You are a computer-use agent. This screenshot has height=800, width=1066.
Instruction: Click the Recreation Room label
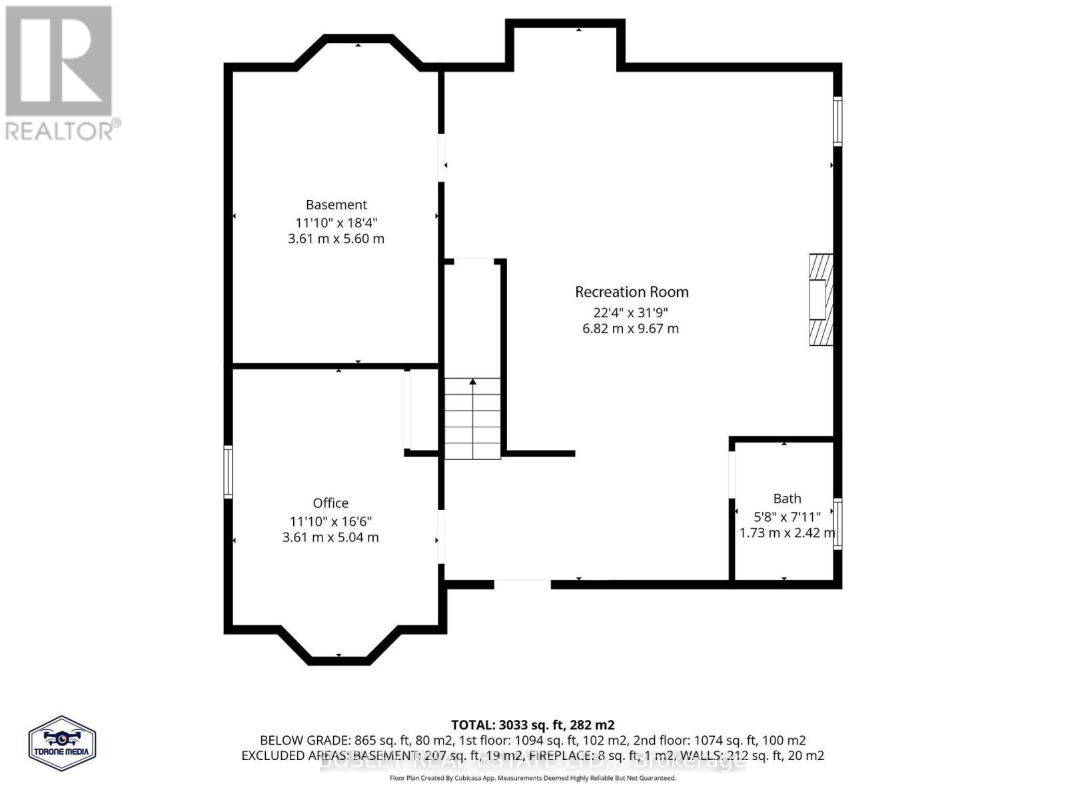point(632,292)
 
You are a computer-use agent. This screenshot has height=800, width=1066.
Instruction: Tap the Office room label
point(330,503)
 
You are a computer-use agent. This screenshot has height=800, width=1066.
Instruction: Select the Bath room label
point(787,499)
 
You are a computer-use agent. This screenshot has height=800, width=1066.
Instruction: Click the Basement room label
point(336,205)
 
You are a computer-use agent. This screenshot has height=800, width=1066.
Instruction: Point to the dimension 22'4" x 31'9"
point(630,312)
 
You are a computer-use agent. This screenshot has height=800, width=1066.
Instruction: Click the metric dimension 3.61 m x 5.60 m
point(336,239)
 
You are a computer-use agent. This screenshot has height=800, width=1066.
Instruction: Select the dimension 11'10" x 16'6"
point(330,521)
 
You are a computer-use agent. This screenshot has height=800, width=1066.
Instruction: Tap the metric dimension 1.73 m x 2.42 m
point(787,533)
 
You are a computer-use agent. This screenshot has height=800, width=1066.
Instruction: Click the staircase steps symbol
point(472,419)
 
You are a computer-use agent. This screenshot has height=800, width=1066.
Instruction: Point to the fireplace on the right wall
point(821,299)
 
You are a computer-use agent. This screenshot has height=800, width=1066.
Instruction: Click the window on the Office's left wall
point(228,471)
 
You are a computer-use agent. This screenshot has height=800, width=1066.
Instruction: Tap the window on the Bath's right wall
point(838,524)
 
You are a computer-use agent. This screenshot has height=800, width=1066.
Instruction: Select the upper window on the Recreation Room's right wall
point(838,121)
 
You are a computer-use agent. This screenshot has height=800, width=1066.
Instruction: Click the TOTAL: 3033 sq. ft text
point(532,725)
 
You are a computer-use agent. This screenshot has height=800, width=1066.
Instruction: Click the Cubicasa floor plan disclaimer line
point(532,778)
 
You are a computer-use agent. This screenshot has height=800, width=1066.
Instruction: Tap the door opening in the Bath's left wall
point(732,475)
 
